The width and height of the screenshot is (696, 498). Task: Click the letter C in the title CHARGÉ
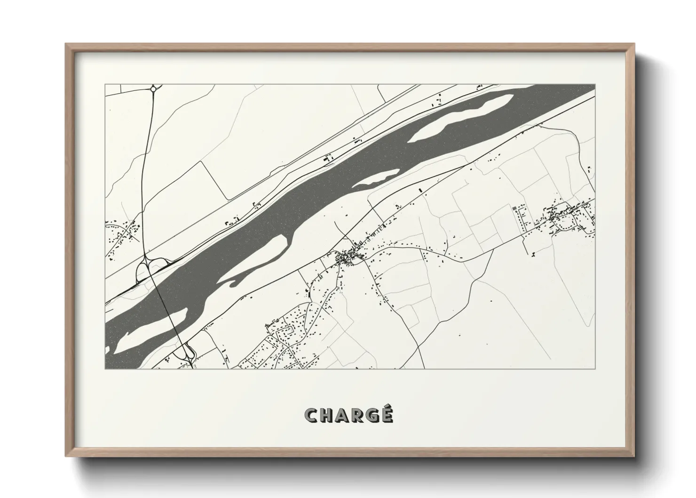tap(312, 415)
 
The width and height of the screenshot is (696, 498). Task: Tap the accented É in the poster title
tap(386, 414)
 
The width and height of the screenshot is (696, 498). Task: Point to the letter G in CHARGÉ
tap(372, 415)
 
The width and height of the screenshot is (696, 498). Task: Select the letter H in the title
tap(327, 415)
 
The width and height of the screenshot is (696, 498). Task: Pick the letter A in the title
tap(342, 415)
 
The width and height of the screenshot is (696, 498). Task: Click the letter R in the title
tap(356, 415)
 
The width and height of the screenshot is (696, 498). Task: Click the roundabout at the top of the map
tap(153, 88)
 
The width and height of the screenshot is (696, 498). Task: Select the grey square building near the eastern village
tap(514, 208)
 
